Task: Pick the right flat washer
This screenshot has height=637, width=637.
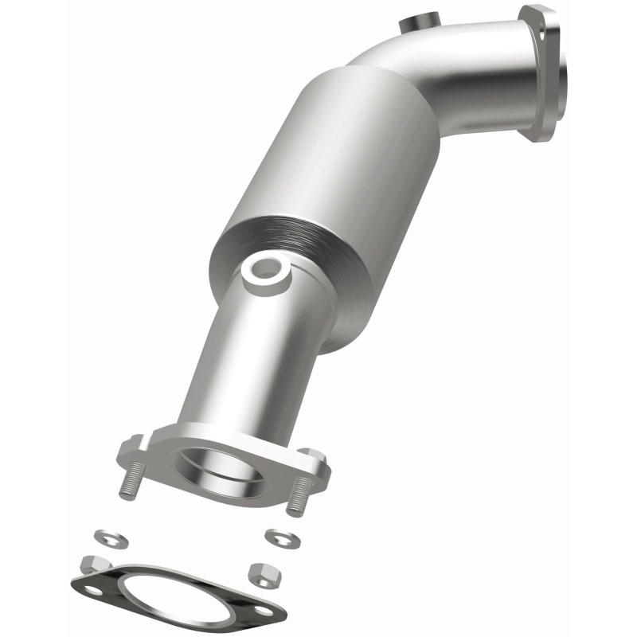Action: coord(279,537)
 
